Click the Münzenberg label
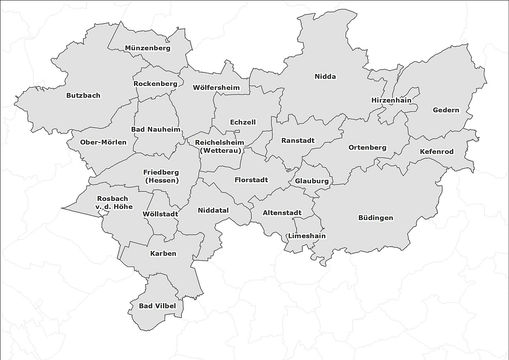click(x=148, y=48)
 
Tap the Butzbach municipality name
click(x=83, y=95)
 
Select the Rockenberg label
click(x=155, y=84)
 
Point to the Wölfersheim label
click(x=216, y=88)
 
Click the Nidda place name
click(x=325, y=76)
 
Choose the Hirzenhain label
click(x=391, y=100)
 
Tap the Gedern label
click(x=446, y=110)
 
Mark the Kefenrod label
click(x=437, y=152)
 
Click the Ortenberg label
click(x=367, y=148)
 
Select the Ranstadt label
click(x=298, y=140)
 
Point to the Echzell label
click(x=243, y=122)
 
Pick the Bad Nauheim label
click(x=155, y=130)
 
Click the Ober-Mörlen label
click(x=103, y=142)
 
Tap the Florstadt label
click(x=251, y=180)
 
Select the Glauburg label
click(x=312, y=181)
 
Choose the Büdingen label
click(x=375, y=218)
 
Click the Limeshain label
click(x=307, y=236)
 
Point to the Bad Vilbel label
click(x=157, y=306)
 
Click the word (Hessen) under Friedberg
click(x=161, y=181)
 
